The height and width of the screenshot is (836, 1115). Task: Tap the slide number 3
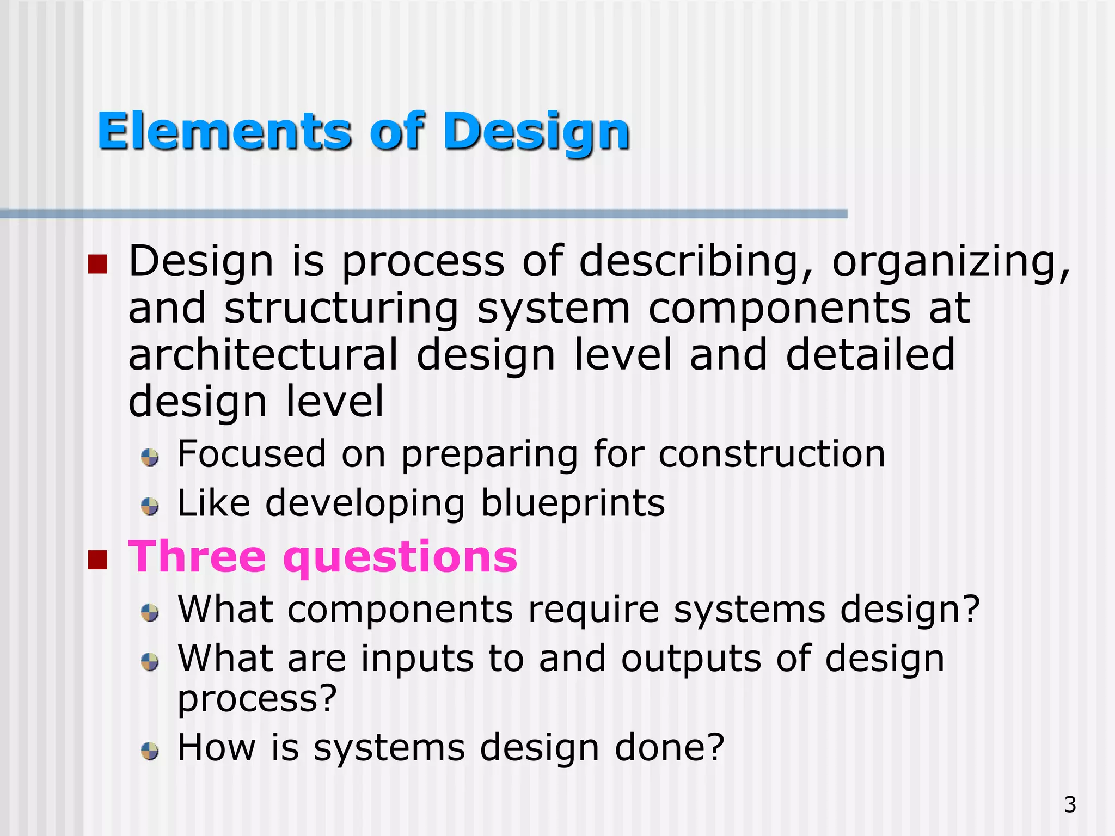point(1070,804)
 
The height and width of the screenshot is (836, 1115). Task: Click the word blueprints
point(573,503)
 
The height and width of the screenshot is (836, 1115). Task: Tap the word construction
point(771,454)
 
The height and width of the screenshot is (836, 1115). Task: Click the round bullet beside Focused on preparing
point(150,458)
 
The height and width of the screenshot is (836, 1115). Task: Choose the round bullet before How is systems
point(150,752)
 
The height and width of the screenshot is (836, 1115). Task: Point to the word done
point(669,747)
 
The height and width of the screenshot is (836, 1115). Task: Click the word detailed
point(870,355)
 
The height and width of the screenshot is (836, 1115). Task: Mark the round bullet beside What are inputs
point(150,662)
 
